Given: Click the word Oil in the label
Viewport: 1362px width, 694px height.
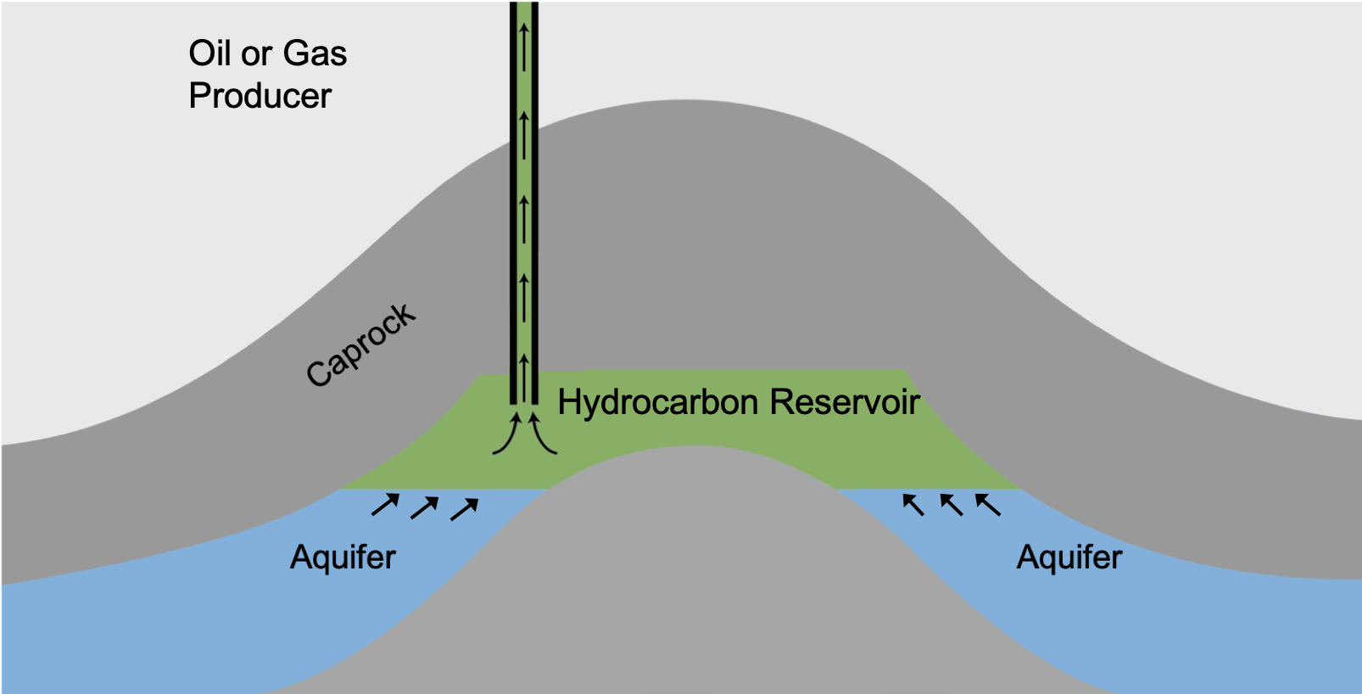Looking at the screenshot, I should pyautogui.click(x=209, y=53).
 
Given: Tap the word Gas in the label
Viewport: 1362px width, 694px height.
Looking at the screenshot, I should pyautogui.click(x=315, y=53).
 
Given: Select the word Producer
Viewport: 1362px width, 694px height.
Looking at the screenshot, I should pyautogui.click(x=260, y=96).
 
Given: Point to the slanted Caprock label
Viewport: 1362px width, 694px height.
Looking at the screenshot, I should pyautogui.click(x=360, y=345).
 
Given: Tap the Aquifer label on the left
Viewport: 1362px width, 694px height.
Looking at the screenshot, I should pyautogui.click(x=343, y=557).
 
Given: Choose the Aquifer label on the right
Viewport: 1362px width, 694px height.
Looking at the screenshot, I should pyautogui.click(x=1069, y=557).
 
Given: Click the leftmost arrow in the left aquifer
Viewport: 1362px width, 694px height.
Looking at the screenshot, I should pyautogui.click(x=386, y=505).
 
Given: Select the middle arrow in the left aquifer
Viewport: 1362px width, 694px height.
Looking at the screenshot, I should pyautogui.click(x=425, y=507).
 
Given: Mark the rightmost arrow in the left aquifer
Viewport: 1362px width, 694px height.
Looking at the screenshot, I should pyautogui.click(x=465, y=509).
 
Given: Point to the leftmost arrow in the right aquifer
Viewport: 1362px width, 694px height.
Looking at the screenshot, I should pyautogui.click(x=913, y=504).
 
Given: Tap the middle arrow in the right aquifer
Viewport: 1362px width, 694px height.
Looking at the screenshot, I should pyautogui.click(x=952, y=505).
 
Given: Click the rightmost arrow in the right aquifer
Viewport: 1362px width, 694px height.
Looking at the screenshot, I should pyautogui.click(x=988, y=505).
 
